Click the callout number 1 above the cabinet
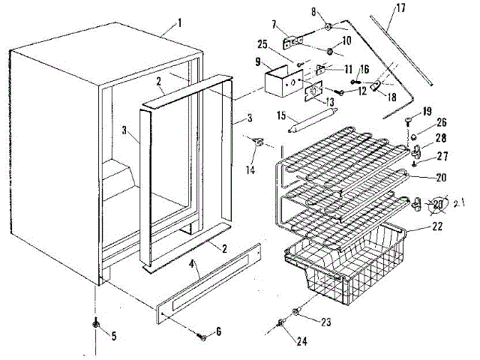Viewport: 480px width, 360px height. pyautogui.click(x=179, y=23)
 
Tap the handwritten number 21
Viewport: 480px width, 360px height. pyautogui.click(x=460, y=201)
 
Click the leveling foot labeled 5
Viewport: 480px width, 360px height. pyautogui.click(x=96, y=323)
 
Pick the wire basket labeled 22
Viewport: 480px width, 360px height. pyautogui.click(x=345, y=262)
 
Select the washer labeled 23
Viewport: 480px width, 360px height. pyautogui.click(x=298, y=310)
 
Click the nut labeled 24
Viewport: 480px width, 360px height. pyautogui.click(x=280, y=323)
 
